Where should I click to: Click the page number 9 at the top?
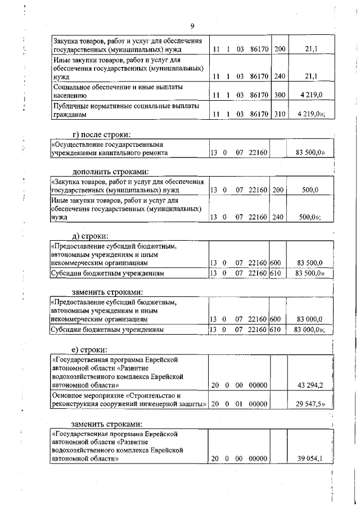[192, 26]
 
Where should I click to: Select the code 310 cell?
[279, 114]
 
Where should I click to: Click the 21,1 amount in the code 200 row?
[310, 49]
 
